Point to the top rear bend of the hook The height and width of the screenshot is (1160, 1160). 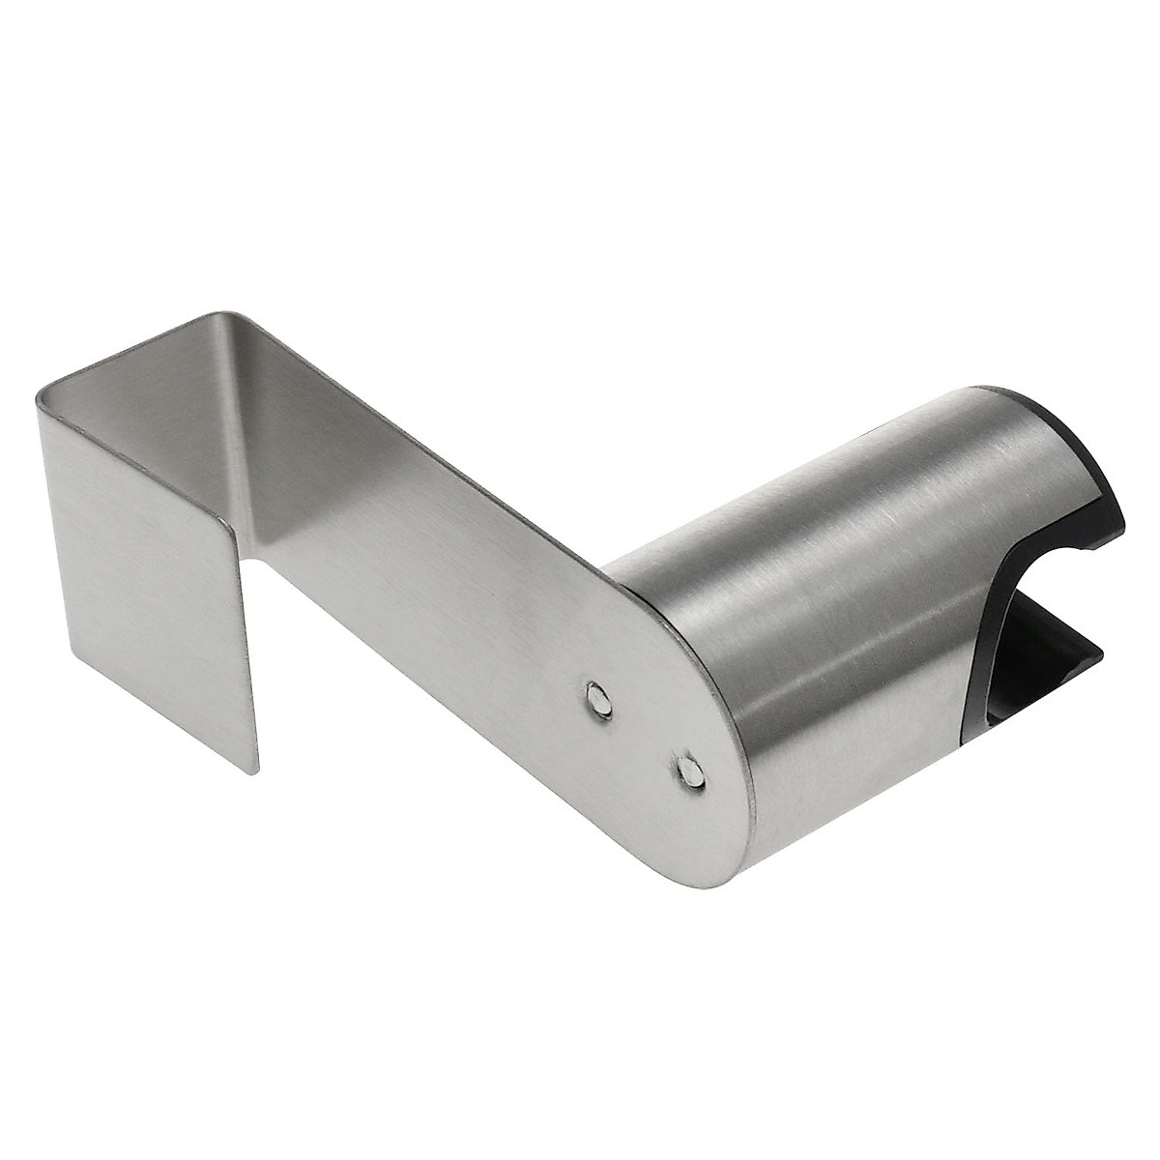pyautogui.click(x=227, y=314)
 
